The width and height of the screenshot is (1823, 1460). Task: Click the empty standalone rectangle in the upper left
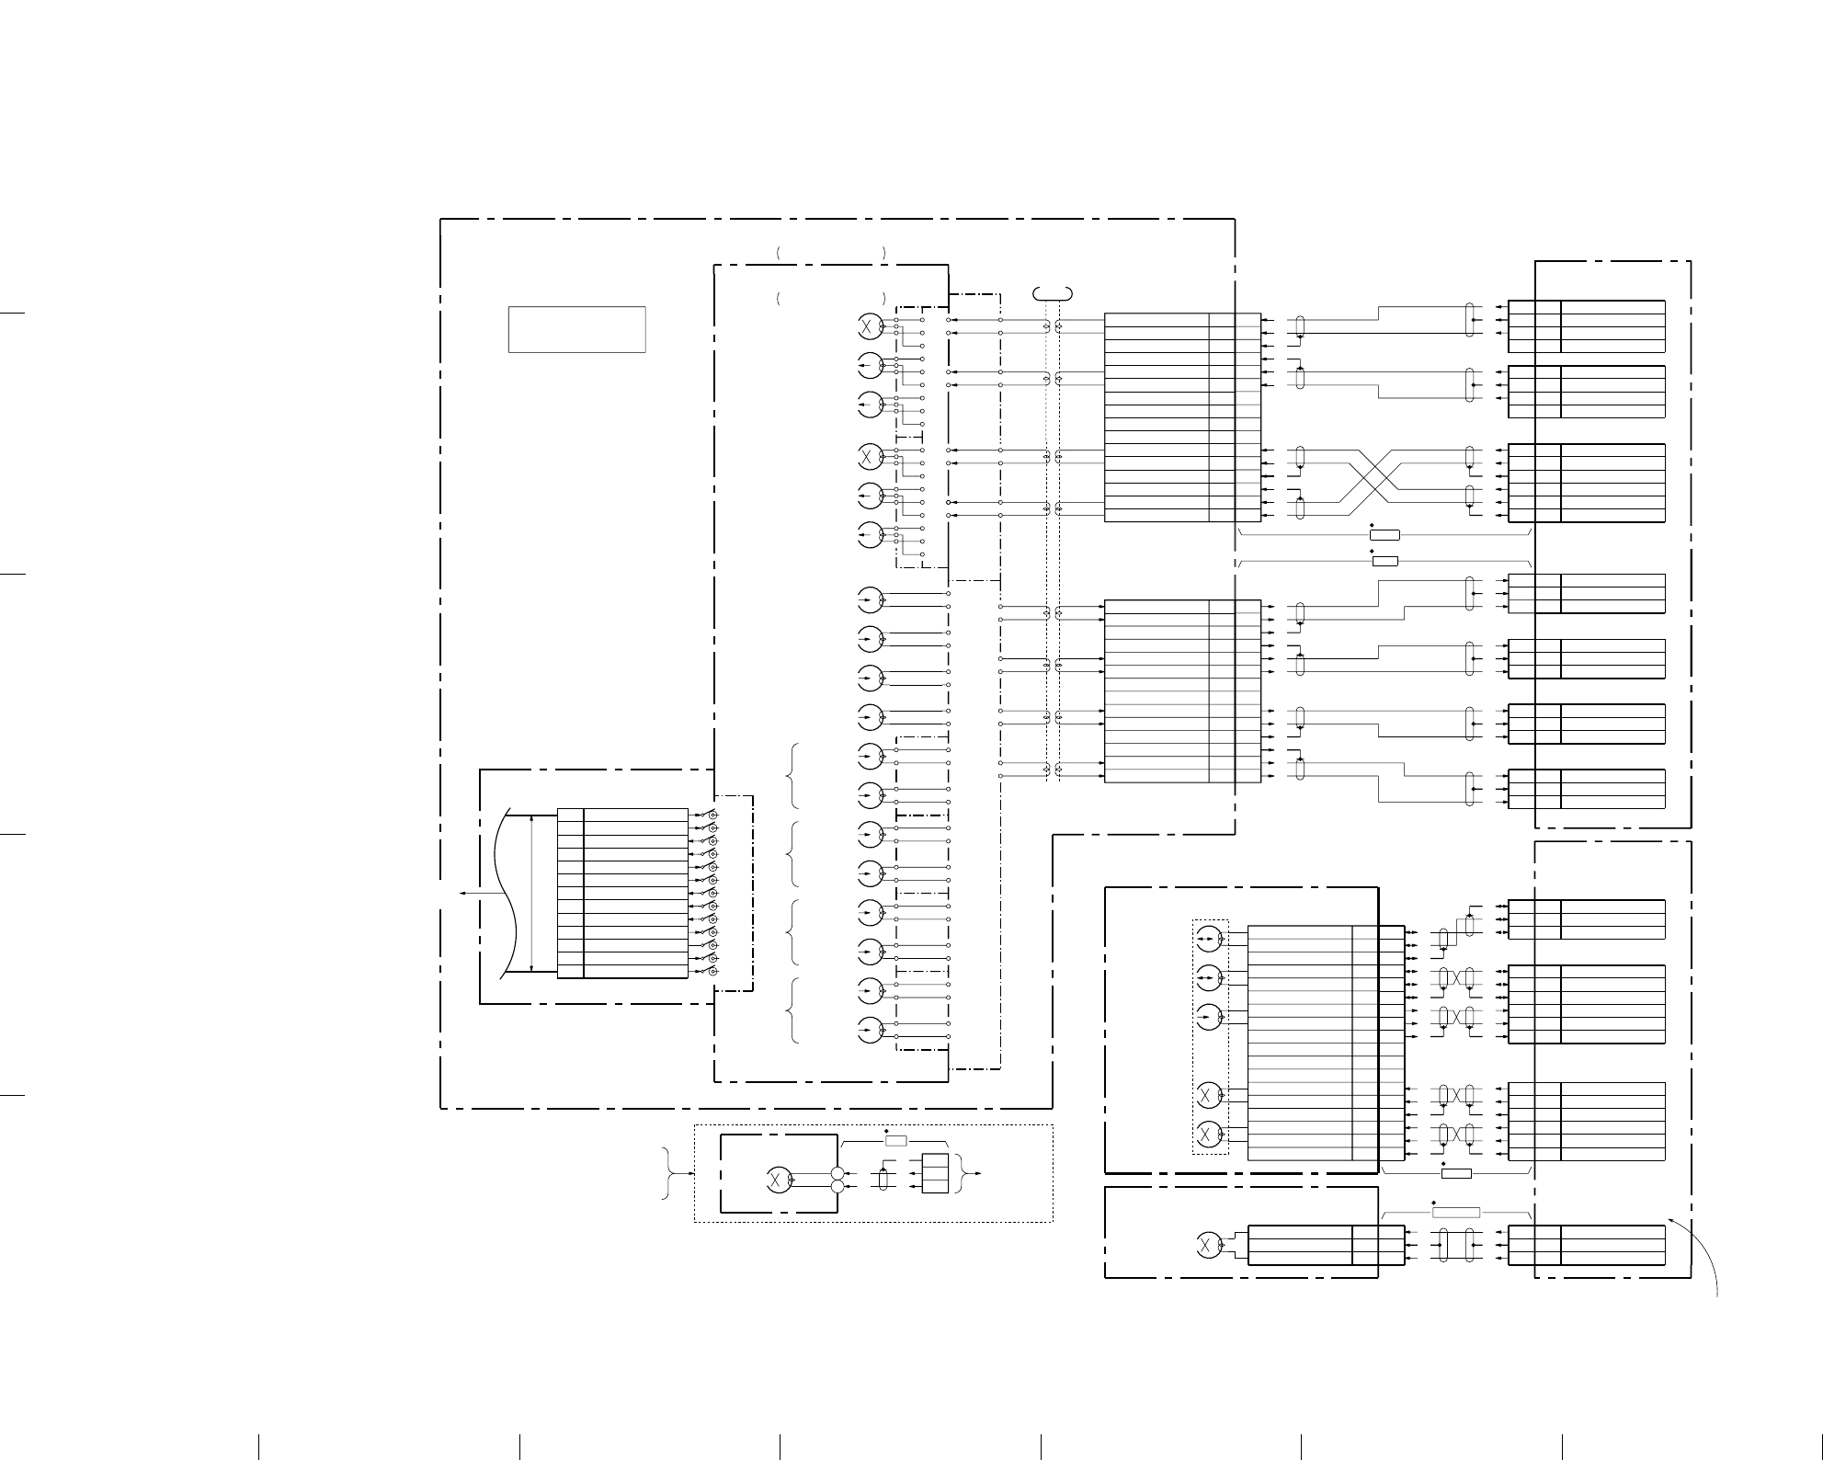pos(576,329)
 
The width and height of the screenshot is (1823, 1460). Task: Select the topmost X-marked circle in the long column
pos(870,325)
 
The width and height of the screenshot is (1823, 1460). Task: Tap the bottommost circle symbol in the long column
pos(870,1031)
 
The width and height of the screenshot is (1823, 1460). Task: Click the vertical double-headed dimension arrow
pos(532,893)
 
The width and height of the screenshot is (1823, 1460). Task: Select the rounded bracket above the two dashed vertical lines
pos(1054,293)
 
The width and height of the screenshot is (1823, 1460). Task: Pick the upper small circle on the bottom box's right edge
pos(837,1173)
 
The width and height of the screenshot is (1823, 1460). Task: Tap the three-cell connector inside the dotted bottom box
pos(935,1173)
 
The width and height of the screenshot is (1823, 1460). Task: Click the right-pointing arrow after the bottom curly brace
pos(977,1173)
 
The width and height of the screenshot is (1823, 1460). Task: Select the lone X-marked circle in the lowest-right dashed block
pos(1206,1245)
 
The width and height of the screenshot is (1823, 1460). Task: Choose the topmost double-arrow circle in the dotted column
pos(1209,939)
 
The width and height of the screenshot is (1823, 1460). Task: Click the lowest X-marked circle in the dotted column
pos(1209,1133)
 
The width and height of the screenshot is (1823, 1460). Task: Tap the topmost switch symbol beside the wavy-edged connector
pos(710,816)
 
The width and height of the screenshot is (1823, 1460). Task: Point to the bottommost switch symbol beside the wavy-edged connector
pos(710,971)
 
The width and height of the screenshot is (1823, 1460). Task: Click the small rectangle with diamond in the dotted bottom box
pos(896,1140)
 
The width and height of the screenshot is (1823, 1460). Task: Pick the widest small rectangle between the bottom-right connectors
pos(1456,1212)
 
